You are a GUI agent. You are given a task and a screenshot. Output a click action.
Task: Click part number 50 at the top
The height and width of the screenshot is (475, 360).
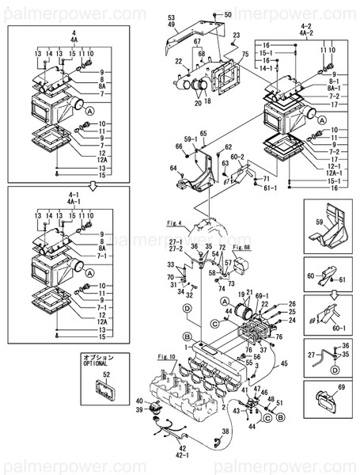[229, 14]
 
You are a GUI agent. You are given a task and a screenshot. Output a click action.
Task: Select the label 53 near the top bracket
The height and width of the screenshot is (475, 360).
[170, 17]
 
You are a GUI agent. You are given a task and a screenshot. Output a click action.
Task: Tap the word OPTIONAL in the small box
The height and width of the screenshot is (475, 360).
[99, 366]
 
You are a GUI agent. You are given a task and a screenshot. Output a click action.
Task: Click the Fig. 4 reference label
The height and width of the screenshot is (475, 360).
[174, 222]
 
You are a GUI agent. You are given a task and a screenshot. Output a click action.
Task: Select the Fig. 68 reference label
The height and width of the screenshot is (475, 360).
[241, 248]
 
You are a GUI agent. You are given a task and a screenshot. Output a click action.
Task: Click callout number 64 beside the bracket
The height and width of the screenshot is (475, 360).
[173, 167]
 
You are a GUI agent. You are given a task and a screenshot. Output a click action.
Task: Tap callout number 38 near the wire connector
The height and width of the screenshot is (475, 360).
[226, 431]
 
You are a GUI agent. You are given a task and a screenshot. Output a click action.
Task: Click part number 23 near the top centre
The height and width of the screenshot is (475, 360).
[236, 36]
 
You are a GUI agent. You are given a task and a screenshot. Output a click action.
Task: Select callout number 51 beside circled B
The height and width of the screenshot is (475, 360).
[279, 403]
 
